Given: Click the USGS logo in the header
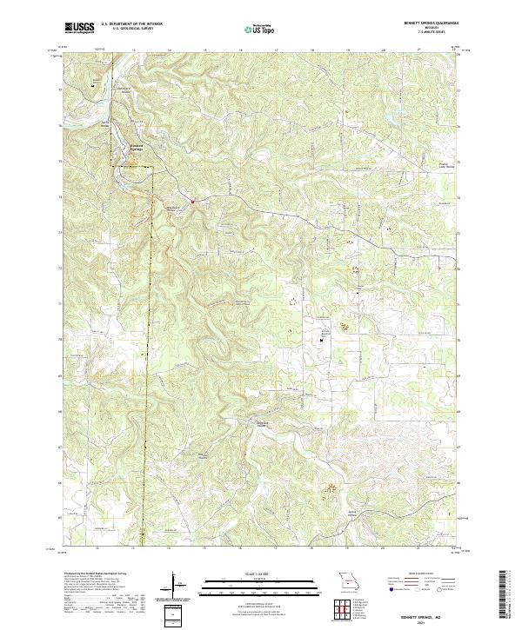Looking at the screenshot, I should click(79, 28).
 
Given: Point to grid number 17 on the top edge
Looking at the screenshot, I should click(276, 50).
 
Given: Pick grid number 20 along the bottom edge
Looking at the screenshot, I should click(383, 549).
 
